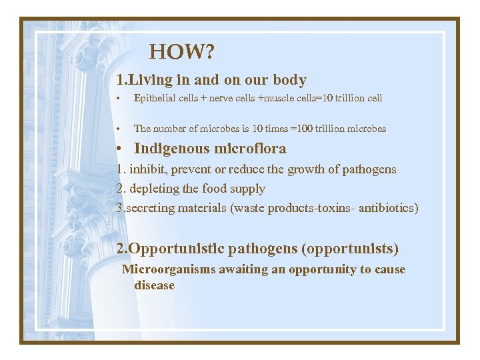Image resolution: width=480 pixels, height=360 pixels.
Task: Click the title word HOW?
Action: tap(181, 51)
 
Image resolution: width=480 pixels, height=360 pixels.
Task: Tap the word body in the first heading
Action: tap(289, 81)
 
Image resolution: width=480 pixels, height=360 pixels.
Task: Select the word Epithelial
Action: tap(154, 99)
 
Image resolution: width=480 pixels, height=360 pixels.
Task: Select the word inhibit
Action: tap(146, 169)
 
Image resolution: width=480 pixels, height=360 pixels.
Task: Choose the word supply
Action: tap(248, 189)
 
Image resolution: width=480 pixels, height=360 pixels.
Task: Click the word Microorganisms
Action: tap(163, 269)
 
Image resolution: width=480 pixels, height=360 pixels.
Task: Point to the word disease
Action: tap(154, 285)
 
